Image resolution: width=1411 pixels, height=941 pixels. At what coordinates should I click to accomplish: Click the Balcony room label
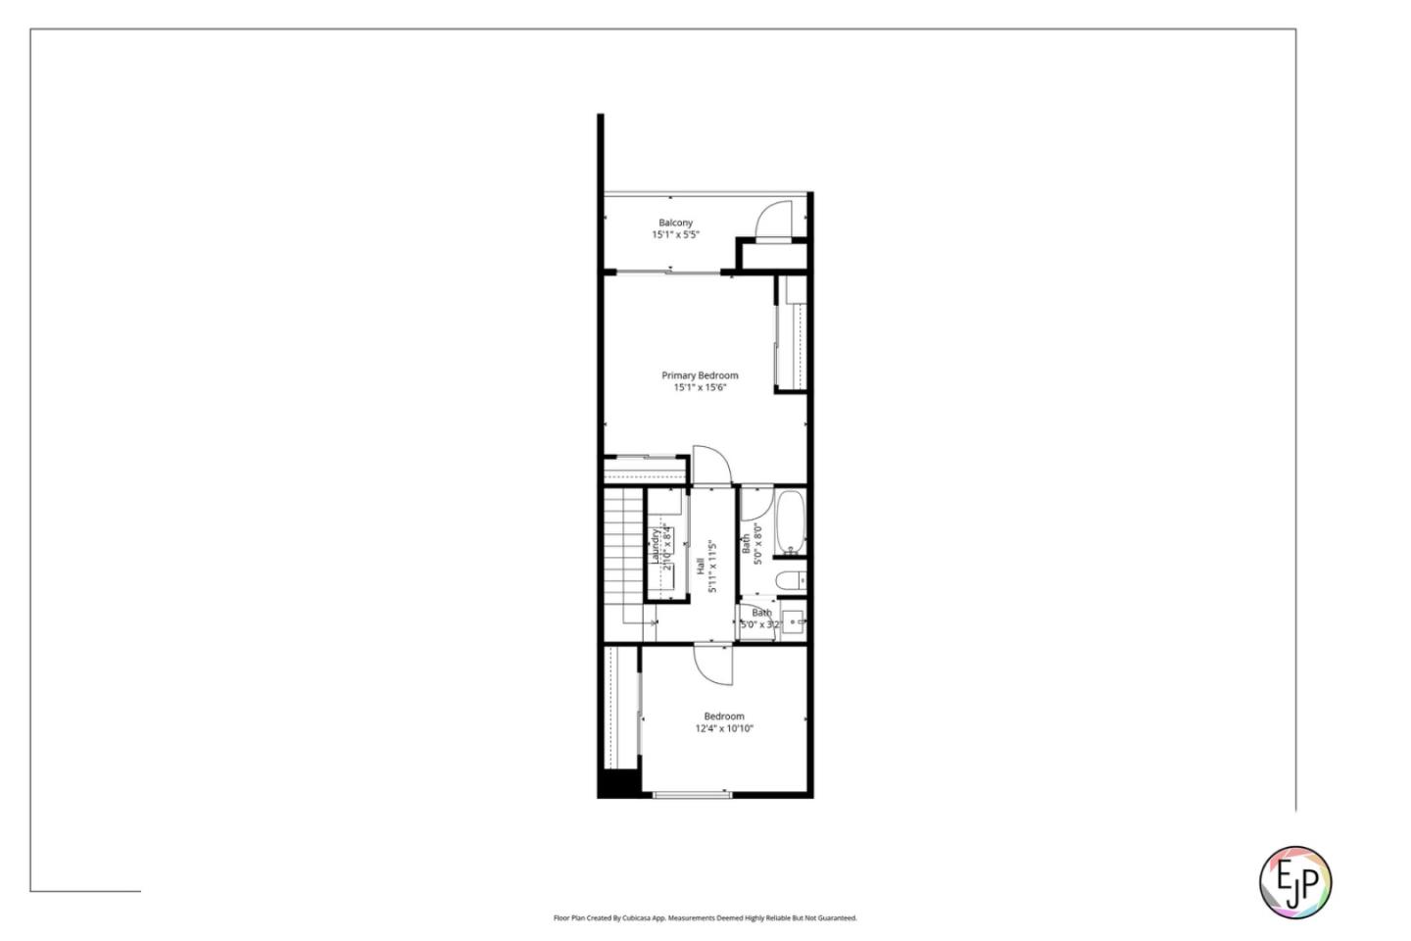click(x=675, y=223)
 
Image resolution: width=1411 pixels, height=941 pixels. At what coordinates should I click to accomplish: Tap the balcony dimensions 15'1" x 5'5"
click(x=675, y=235)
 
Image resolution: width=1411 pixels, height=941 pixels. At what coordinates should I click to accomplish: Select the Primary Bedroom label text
click(x=700, y=375)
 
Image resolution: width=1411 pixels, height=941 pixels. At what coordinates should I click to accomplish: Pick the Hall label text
click(x=700, y=567)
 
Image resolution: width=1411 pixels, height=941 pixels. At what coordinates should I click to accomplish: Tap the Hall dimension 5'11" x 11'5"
click(x=713, y=567)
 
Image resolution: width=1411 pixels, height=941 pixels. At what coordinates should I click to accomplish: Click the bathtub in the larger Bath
click(x=791, y=522)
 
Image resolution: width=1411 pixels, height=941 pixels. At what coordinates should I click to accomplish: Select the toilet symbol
click(x=790, y=581)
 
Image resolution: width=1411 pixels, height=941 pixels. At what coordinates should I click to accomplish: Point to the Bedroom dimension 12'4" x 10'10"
click(x=724, y=729)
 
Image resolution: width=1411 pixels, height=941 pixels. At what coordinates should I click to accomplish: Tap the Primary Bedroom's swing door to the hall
click(x=711, y=465)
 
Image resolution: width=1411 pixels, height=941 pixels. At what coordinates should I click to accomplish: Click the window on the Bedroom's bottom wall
click(x=693, y=795)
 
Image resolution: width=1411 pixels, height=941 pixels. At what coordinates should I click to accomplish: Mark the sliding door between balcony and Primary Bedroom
click(x=666, y=272)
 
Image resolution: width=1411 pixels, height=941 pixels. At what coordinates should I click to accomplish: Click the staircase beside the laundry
click(x=621, y=559)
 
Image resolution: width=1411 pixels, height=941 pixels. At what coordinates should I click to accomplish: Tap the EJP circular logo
click(x=1294, y=882)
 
